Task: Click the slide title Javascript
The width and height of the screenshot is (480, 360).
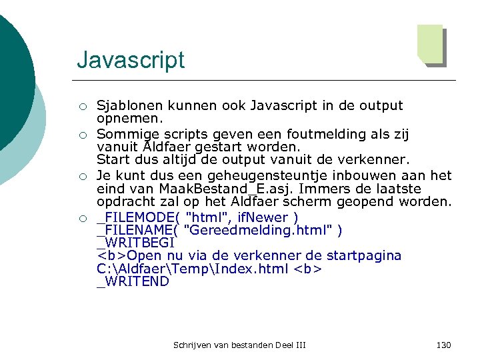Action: point(131,60)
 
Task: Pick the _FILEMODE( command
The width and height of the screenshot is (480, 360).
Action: point(137,217)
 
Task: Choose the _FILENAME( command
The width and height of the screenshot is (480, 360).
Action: point(137,231)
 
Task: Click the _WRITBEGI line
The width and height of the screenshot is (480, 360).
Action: point(135,243)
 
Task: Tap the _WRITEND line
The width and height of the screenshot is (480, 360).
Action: point(133,282)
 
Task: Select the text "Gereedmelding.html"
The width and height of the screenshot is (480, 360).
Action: point(260,231)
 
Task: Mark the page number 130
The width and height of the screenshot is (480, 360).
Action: point(443,345)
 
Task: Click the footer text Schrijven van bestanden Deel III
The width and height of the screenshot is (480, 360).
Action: point(239,345)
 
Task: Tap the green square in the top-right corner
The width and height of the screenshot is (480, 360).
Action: point(430,43)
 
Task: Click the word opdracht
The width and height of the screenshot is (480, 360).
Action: point(125,202)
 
